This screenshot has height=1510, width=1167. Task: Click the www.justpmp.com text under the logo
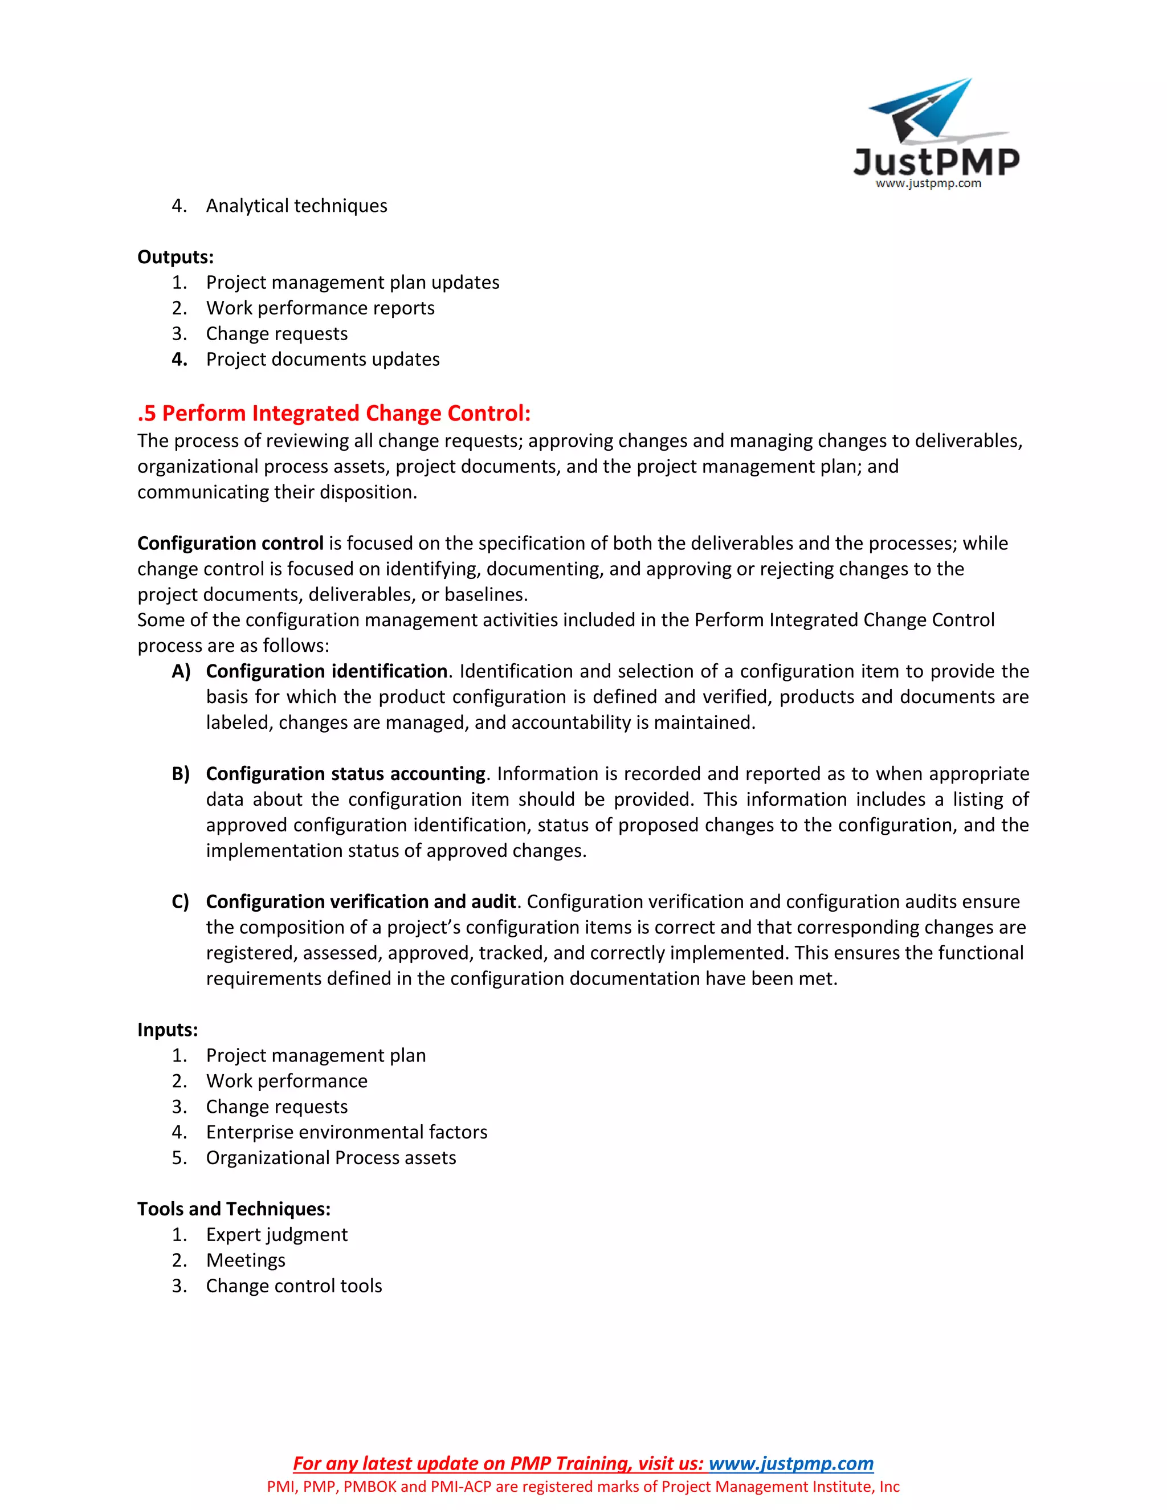pyautogui.click(x=928, y=184)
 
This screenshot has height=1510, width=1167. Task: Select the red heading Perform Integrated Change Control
pyautogui.click(x=334, y=414)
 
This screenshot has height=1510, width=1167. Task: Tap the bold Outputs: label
pyautogui.click(x=175, y=257)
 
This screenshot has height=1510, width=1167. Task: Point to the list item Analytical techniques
pyautogui.click(x=296, y=206)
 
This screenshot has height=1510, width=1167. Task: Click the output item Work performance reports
pyautogui.click(x=320, y=308)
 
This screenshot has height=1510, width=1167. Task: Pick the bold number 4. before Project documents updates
pyautogui.click(x=179, y=360)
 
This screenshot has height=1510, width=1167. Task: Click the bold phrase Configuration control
pyautogui.click(x=230, y=544)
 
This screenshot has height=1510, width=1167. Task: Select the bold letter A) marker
pyautogui.click(x=181, y=671)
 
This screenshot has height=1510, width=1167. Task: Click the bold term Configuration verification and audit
pyautogui.click(x=361, y=901)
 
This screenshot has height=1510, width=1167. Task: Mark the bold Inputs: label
pyautogui.click(x=168, y=1030)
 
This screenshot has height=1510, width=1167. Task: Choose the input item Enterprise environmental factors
pyautogui.click(x=346, y=1133)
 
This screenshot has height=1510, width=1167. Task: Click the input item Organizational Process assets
pyautogui.click(x=330, y=1158)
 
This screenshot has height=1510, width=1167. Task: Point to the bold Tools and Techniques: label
pyautogui.click(x=234, y=1209)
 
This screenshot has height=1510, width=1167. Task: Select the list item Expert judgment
pyautogui.click(x=276, y=1235)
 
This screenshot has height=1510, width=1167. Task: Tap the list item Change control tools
pyautogui.click(x=294, y=1286)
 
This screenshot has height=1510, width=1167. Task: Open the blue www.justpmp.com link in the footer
pyautogui.click(x=791, y=1464)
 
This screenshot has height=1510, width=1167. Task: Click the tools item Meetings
pyautogui.click(x=246, y=1260)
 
